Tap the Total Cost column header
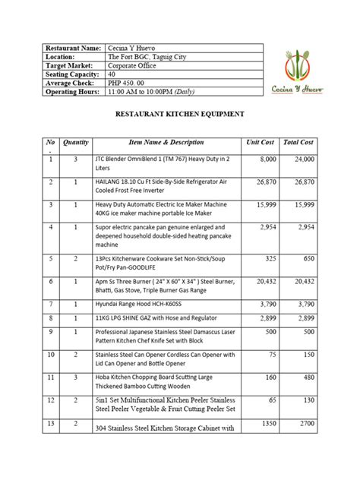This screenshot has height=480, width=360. (296, 142)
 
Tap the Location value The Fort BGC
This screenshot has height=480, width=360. (149, 56)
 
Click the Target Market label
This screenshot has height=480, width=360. (70, 65)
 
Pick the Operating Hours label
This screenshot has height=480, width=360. (73, 92)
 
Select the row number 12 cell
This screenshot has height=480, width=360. (51, 399)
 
